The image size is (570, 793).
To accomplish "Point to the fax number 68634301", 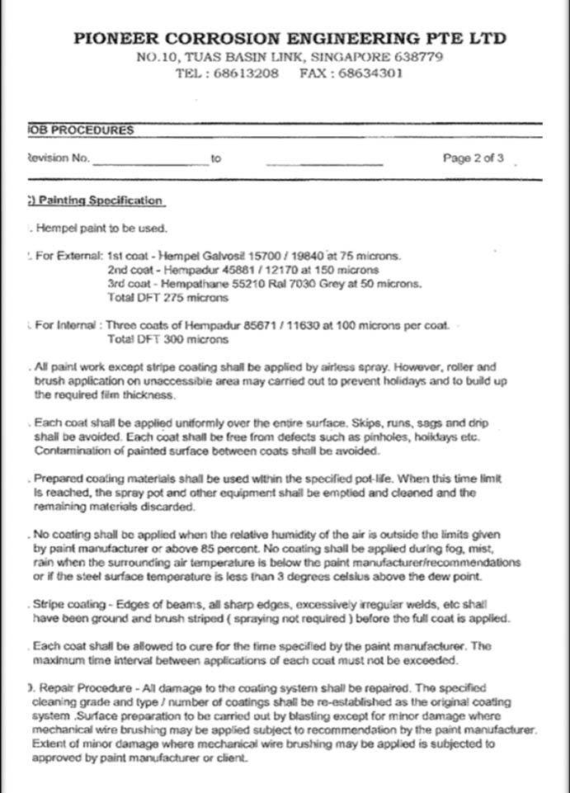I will point(373,73).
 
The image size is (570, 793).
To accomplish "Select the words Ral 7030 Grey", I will point(304,283).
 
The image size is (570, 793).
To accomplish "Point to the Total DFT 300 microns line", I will point(157,338).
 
